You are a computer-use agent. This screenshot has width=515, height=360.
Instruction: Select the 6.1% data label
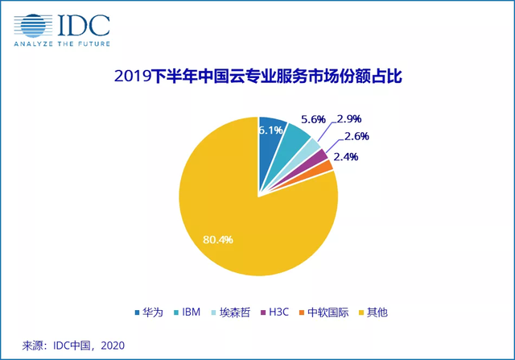pyautogui.click(x=270, y=130)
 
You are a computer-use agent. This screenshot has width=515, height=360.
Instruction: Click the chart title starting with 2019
pyautogui.click(x=257, y=77)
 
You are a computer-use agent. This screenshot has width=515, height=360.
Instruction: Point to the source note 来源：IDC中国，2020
pyautogui.click(x=72, y=345)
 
